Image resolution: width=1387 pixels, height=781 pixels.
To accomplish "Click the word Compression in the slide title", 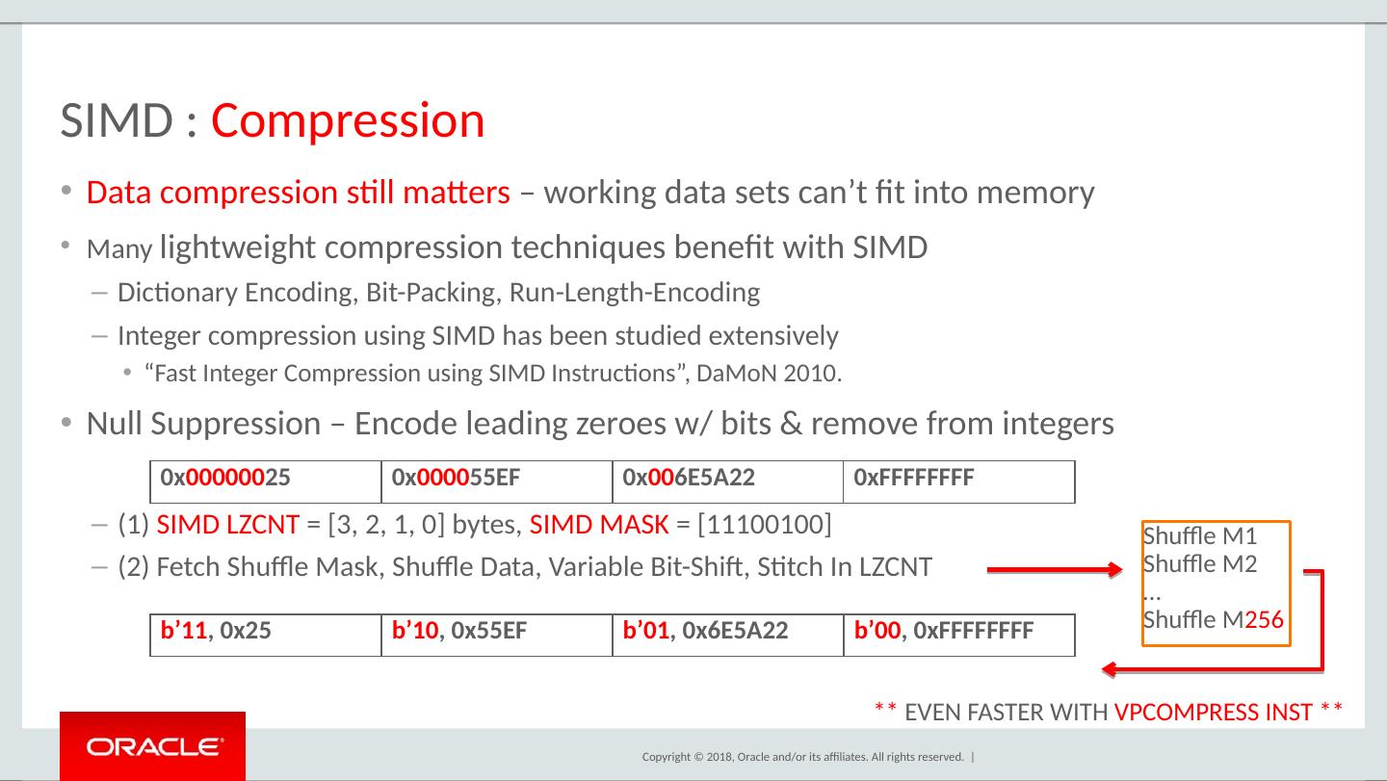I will (348, 121).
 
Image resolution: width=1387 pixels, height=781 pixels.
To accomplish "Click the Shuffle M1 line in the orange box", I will (1200, 535).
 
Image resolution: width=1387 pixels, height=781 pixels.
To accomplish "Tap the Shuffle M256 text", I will (1213, 620).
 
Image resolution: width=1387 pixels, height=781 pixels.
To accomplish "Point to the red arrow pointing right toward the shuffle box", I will (1055, 571).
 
